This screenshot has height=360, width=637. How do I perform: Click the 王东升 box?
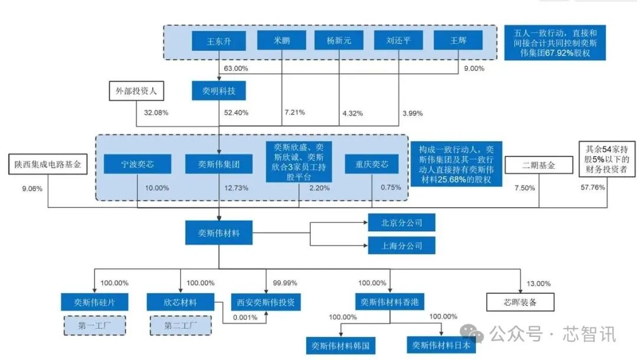(218, 41)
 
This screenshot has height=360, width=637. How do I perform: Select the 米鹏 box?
(281, 41)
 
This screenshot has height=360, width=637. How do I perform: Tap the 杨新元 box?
(339, 41)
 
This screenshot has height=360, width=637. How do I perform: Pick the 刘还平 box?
(398, 41)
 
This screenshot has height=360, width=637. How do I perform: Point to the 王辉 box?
(458, 41)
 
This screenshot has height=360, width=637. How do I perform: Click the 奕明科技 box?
(218, 91)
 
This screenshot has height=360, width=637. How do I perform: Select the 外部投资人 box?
(136, 91)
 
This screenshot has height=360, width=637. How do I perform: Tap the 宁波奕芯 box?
(137, 164)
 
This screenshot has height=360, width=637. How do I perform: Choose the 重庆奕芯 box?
(372, 164)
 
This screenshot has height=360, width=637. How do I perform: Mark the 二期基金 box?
(539, 166)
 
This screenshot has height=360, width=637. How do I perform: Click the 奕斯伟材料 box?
(219, 233)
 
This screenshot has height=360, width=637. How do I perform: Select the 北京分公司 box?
(402, 223)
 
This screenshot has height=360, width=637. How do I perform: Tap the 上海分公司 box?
(402, 245)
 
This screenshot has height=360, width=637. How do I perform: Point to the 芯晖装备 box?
(520, 302)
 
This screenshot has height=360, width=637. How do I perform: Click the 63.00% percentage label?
(236, 68)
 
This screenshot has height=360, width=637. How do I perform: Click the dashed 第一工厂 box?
(95, 325)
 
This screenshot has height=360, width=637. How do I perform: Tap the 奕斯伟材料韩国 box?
(341, 346)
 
